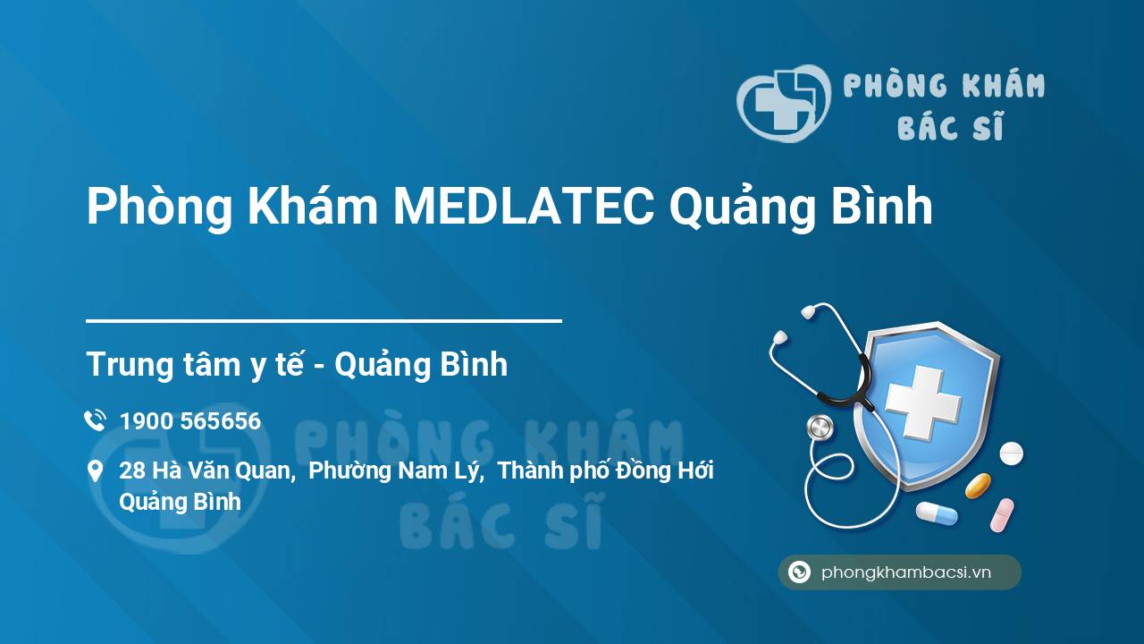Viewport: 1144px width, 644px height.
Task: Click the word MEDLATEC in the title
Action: tap(524, 206)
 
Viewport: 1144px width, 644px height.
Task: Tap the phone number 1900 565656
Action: tap(190, 421)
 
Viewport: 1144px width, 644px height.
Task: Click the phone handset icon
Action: tap(95, 420)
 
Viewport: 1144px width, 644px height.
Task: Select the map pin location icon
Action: tap(95, 471)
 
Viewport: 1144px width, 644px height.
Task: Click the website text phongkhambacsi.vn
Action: tap(906, 572)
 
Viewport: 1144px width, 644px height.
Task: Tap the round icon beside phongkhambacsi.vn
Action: tap(799, 572)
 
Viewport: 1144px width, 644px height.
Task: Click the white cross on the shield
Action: tap(922, 402)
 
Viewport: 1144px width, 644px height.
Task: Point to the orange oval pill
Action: tap(978, 486)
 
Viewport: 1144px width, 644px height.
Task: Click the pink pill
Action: tap(1002, 515)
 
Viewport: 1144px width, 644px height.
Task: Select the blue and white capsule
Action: tap(937, 513)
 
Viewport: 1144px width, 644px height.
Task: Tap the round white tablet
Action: tap(1011, 453)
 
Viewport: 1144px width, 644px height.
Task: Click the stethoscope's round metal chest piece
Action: tap(820, 428)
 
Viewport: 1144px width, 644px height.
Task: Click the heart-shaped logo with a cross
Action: tap(784, 103)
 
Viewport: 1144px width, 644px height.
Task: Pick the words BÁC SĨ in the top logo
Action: tap(950, 126)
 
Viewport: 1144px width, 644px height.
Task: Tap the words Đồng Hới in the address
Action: tap(665, 470)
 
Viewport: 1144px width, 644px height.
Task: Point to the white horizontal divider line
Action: tap(324, 321)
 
